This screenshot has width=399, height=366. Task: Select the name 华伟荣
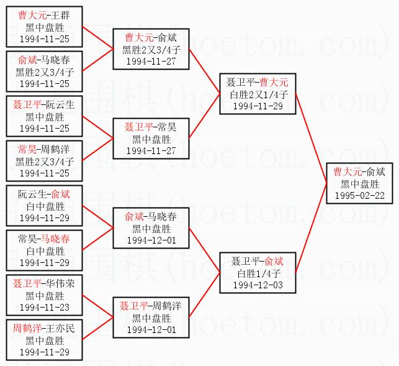pos(60,283)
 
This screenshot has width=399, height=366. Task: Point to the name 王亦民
pos(60,327)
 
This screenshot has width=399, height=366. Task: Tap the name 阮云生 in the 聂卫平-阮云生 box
pos(60,105)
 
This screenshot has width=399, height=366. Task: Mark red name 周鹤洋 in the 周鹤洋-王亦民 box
pos(25,327)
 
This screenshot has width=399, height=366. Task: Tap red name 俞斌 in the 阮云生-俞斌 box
pos(60,194)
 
